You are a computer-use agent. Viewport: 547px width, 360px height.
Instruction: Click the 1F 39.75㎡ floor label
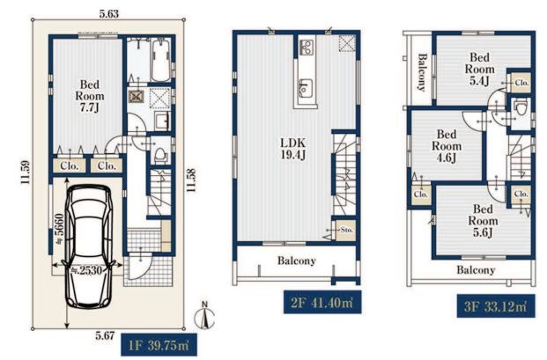point(159,345)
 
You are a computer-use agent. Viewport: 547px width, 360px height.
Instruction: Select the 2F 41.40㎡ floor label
point(322,302)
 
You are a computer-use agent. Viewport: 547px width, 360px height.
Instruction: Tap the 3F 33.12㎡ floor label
point(496,306)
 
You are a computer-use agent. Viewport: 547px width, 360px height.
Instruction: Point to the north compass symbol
point(204,316)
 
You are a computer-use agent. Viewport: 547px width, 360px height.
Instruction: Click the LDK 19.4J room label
point(293,149)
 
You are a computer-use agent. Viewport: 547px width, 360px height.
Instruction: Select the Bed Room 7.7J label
point(90,95)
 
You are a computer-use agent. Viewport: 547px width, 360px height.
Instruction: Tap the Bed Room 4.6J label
point(447,146)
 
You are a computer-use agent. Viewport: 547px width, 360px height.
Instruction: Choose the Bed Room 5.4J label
point(479,69)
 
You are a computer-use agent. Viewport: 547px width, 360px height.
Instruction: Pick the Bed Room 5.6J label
point(483,221)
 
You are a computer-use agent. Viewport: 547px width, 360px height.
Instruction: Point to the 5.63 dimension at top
point(109,13)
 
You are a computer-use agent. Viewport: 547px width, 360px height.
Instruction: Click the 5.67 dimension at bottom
point(105,335)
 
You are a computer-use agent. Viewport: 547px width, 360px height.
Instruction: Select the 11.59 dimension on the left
point(26,173)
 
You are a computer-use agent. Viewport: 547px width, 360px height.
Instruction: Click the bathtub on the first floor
point(160,60)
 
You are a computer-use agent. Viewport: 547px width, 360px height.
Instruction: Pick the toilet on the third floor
point(521,107)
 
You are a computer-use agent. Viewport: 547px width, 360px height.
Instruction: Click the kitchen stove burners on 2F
point(307,47)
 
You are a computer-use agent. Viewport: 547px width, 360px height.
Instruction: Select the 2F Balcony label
point(297,261)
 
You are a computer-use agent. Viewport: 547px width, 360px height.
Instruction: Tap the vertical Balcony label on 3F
point(422,72)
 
